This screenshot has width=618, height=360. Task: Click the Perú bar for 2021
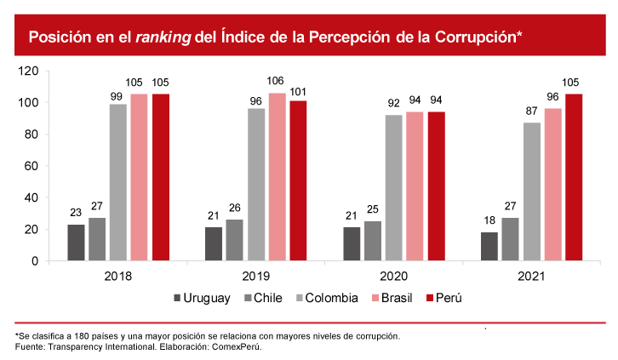pyautogui.click(x=574, y=177)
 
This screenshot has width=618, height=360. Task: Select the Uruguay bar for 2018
pyautogui.click(x=76, y=243)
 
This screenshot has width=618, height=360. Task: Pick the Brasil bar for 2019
pyautogui.click(x=277, y=176)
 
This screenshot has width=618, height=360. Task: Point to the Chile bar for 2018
pyautogui.click(x=97, y=239)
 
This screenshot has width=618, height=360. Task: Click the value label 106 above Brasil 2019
pyautogui.click(x=277, y=82)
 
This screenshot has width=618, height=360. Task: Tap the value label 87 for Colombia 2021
pyautogui.click(x=531, y=111)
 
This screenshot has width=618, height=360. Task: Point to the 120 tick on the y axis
pyautogui.click(x=28, y=71)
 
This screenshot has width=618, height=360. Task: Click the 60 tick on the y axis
pyautogui.click(x=31, y=166)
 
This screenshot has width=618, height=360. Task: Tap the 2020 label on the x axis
pyautogui.click(x=393, y=277)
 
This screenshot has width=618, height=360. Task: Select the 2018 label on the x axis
pyautogui.click(x=117, y=277)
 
